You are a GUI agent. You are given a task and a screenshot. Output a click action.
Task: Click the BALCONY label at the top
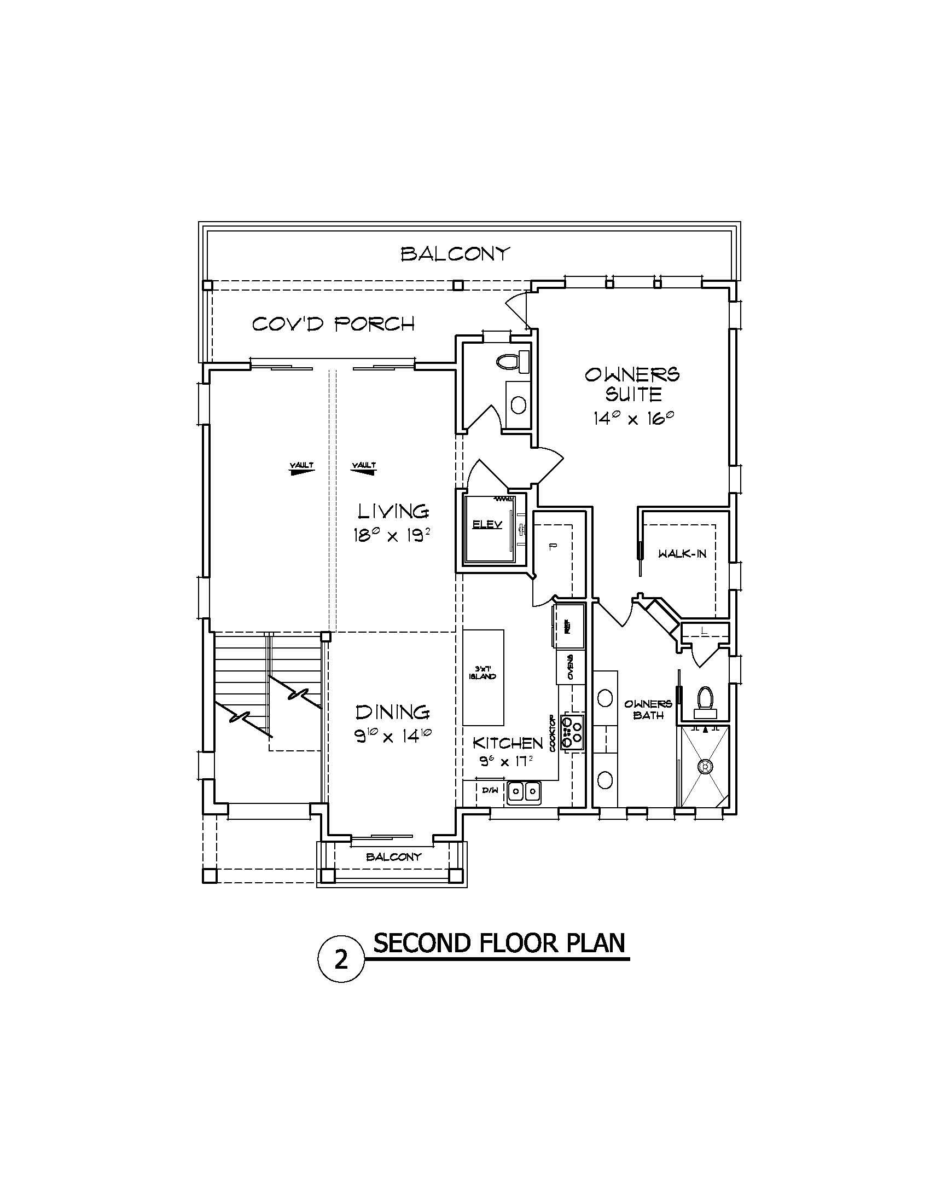tap(455, 254)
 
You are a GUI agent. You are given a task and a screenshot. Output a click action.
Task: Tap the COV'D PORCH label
tap(333, 323)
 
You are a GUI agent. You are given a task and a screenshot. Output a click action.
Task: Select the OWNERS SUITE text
tap(632, 384)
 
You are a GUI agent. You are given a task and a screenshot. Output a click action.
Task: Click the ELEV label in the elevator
tap(487, 525)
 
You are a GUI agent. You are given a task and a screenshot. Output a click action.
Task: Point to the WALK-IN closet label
tap(682, 553)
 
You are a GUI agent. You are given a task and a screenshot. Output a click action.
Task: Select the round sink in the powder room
tap(518, 405)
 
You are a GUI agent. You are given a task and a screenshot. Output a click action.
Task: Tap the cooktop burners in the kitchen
tap(572, 732)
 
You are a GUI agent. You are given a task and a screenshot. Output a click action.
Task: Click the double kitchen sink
tap(524, 792)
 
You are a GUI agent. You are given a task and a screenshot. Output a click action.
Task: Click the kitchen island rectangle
tap(483, 677)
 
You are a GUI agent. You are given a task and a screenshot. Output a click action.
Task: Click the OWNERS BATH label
tap(648, 709)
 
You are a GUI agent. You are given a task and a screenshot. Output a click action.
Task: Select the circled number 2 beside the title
tap(341, 961)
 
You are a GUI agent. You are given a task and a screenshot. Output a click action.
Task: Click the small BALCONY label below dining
tap(393, 856)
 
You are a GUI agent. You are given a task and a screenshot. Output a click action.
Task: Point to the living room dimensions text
tap(391, 535)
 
